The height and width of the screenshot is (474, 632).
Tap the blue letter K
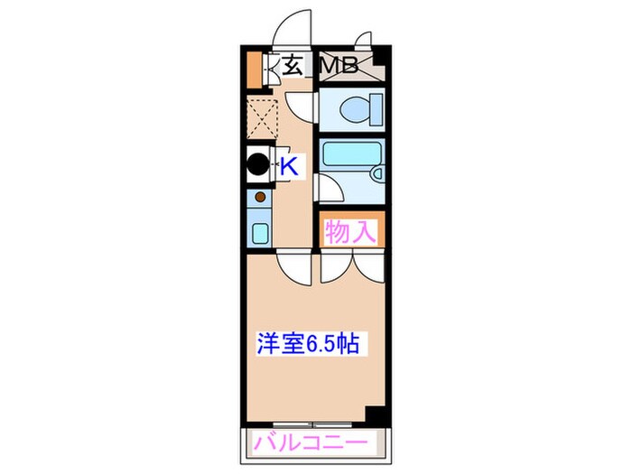[289, 166]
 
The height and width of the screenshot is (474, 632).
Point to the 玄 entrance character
[293, 65]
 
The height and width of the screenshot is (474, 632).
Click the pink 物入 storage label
[349, 232]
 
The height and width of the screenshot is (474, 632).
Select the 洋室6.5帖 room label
[309, 343]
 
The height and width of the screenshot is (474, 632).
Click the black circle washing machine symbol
[258, 166]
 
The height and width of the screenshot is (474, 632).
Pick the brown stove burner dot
[260, 196]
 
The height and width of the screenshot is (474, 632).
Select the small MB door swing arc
[364, 41]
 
